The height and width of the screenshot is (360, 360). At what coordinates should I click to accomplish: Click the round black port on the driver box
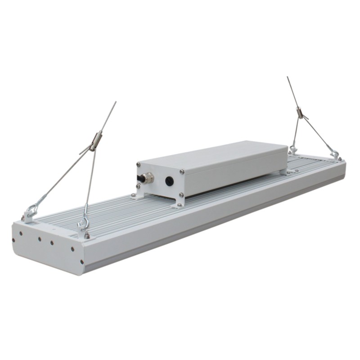click(170, 181)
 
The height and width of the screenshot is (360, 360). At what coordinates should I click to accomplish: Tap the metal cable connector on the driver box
click(147, 179)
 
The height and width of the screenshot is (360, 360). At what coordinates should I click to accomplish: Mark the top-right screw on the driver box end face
click(181, 171)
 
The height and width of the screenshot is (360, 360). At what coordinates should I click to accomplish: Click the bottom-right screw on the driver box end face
click(181, 195)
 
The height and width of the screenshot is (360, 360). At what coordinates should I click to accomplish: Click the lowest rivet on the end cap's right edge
click(81, 261)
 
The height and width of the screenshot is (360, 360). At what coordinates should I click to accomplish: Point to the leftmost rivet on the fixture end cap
click(13, 240)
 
